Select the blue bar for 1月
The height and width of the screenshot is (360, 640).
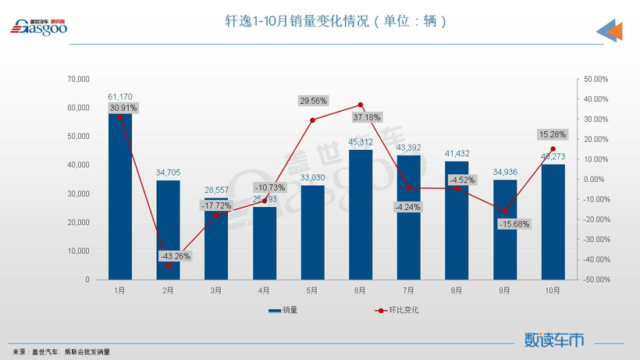pos(120,195)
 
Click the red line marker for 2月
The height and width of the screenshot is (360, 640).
pos(169,266)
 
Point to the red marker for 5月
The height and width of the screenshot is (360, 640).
pos(312,120)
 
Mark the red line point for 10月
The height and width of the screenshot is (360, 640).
pos(553,149)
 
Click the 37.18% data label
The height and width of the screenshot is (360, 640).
pos(366,117)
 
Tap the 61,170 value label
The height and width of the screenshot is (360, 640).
pos(120,97)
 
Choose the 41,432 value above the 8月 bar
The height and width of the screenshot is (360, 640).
pos(457,154)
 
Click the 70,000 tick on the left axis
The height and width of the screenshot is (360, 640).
pos(78,79)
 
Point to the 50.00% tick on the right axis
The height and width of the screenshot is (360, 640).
pos(596,79)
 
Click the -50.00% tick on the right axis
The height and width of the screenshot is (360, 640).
pos(596,280)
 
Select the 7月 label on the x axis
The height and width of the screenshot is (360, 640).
pos(408,290)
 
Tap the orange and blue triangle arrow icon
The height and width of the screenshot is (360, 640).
pos(610,31)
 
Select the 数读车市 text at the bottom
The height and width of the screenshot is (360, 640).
pos(553,340)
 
